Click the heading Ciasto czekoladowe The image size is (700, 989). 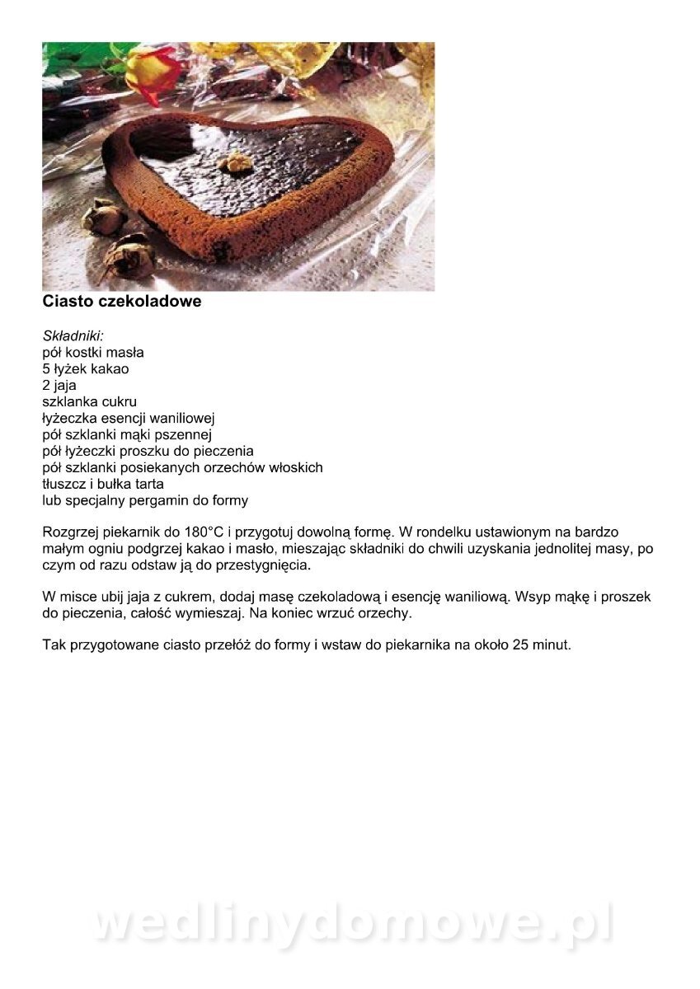pos(122,302)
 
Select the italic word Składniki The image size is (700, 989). pos(73,335)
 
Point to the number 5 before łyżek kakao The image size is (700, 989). pos(46,368)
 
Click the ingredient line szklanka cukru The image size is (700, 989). pos(89,401)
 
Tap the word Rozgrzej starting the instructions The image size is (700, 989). pos(71,532)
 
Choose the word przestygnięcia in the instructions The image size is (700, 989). pos(263,565)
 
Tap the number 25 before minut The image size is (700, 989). pos(520,644)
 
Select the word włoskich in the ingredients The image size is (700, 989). pos(295,467)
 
